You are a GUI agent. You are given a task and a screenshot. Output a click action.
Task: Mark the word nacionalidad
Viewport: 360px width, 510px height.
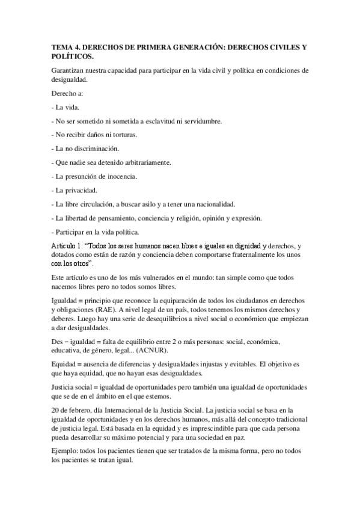click(214, 204)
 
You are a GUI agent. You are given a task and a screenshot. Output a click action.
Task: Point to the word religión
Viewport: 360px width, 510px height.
click(191, 218)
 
